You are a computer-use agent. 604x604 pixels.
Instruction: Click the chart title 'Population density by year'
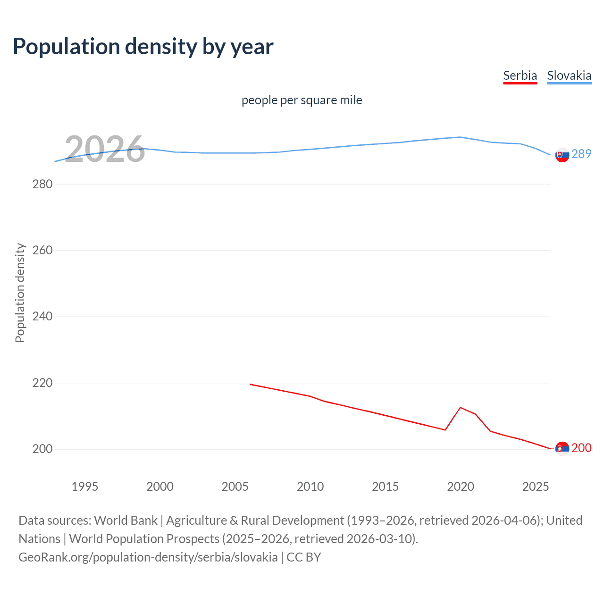click(143, 47)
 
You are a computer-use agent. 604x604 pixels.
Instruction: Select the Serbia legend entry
click(520, 75)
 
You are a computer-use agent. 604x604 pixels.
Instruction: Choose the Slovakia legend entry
click(569, 75)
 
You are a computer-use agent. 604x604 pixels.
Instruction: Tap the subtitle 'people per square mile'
click(302, 100)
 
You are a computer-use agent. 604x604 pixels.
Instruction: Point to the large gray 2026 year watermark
click(105, 150)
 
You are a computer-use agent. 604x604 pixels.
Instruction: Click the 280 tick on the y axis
click(42, 184)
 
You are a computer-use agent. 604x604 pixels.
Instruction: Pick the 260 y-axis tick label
click(42, 250)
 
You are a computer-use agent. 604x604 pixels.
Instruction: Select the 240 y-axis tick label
click(42, 317)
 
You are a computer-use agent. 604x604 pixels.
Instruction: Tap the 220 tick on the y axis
click(42, 383)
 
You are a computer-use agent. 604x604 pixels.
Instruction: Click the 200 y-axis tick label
click(42, 449)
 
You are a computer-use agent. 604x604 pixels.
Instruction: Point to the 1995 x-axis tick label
click(85, 487)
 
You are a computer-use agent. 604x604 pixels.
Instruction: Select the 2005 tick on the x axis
click(235, 487)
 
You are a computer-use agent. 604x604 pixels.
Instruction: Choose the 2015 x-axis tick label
click(385, 487)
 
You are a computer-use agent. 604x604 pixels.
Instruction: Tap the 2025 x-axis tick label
click(536, 487)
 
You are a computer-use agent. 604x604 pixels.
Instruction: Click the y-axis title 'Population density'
click(20, 293)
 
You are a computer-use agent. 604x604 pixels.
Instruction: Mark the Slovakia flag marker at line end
click(562, 155)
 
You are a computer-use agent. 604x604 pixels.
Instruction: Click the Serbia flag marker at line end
click(562, 448)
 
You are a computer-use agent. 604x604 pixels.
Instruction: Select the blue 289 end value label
click(581, 154)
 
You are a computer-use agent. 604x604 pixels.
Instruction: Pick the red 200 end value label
click(581, 448)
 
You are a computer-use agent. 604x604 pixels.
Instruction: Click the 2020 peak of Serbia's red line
click(460, 407)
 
